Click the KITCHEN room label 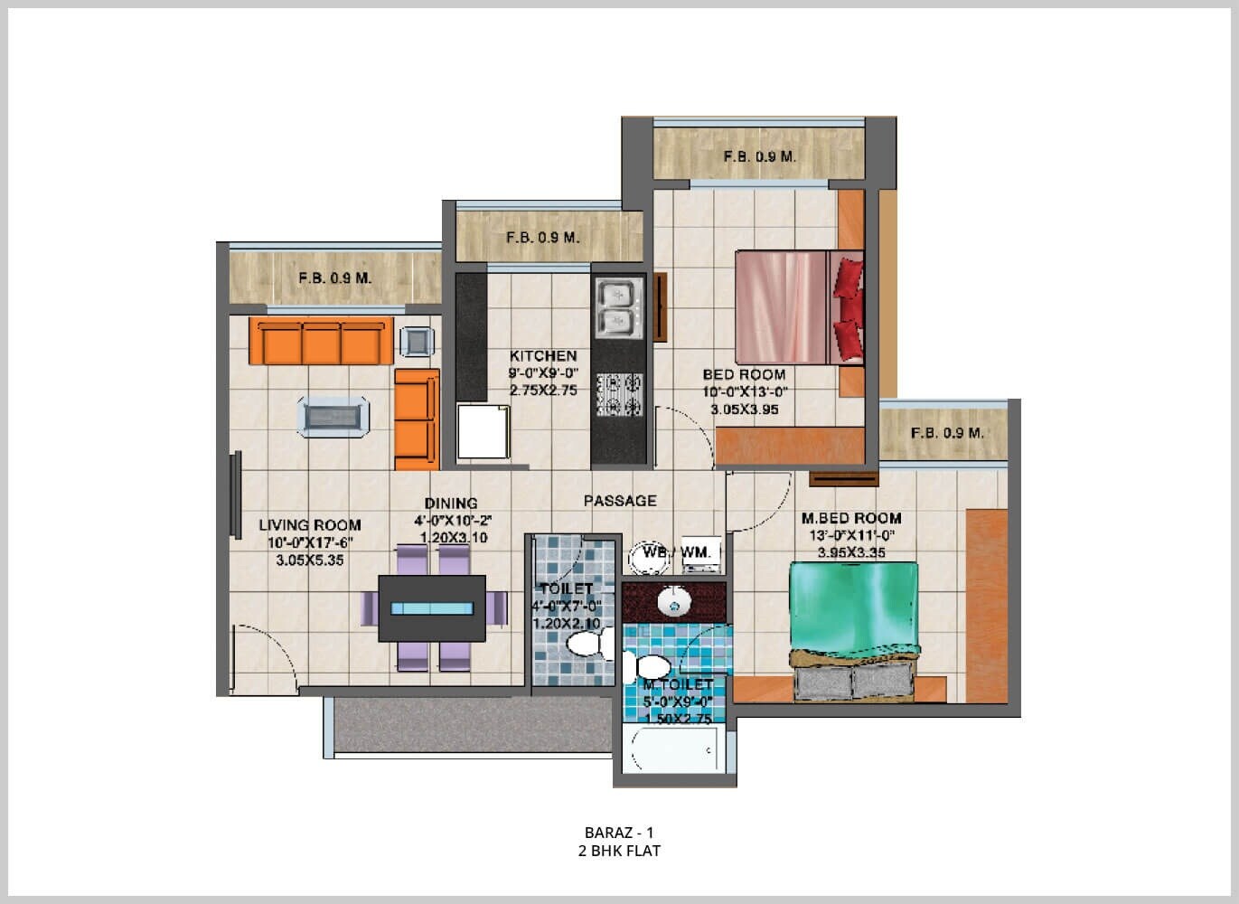click(542, 356)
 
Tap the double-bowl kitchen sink click(618, 307)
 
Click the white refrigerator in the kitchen click(483, 432)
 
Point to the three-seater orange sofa click(321, 341)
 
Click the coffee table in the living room click(333, 417)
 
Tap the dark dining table click(431, 608)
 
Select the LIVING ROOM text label click(310, 525)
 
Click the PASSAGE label click(620, 501)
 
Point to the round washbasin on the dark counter click(672, 600)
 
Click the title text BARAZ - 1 click(619, 832)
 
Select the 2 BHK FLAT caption click(619, 851)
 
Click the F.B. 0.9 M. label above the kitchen click(542, 238)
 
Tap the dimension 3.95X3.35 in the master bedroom click(851, 552)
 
